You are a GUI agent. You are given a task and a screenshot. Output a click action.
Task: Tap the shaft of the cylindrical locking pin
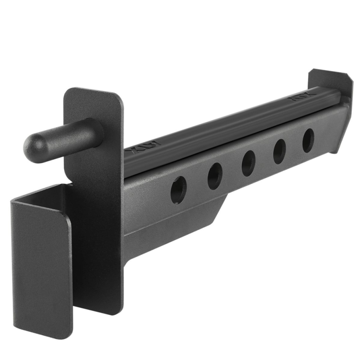point(65,133)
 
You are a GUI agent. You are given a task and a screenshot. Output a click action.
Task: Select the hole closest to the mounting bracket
point(178,190)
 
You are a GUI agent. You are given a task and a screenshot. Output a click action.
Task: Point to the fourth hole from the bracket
point(279,151)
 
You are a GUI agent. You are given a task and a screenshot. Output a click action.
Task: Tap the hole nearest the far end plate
point(308,140)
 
